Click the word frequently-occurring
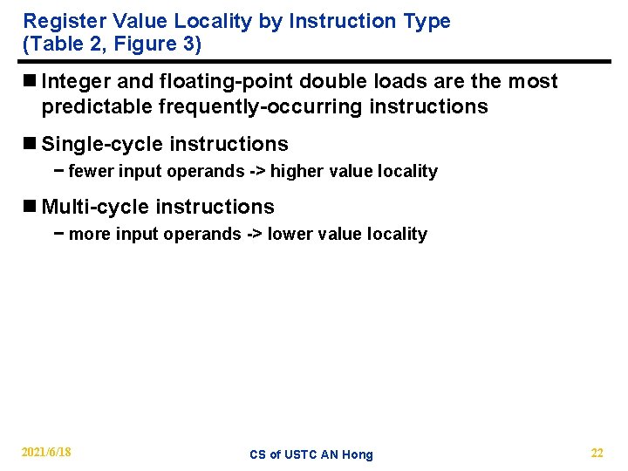pos(252,107)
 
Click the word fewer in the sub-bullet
pos(91,172)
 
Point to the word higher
pos(296,172)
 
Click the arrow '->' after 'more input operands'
pos(252,235)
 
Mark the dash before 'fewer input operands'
pos(59,172)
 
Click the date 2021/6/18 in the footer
pos(46,453)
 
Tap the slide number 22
pos(597,453)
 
